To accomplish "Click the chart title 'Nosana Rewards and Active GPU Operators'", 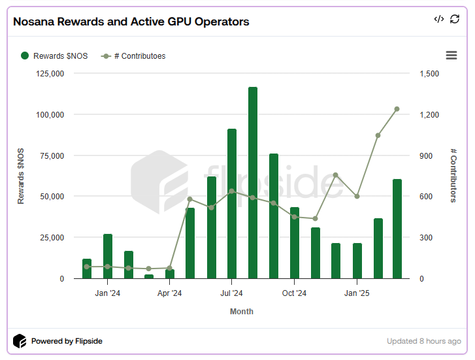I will pyautogui.click(x=131, y=22).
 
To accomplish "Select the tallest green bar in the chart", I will pyautogui.click(x=252, y=183).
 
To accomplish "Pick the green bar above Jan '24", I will pyautogui.click(x=108, y=256).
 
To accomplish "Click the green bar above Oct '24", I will pyautogui.click(x=294, y=243).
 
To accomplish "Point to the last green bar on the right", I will pyautogui.click(x=397, y=229).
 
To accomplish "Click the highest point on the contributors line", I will pyautogui.click(x=397, y=109).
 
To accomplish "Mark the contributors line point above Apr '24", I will pyautogui.click(x=170, y=268).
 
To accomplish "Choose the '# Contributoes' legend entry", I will pyautogui.click(x=133, y=56).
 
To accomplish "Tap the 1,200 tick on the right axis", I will pyautogui.click(x=431, y=114).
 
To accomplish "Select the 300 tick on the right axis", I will pyautogui.click(x=426, y=238).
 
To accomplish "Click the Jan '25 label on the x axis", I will pyautogui.click(x=356, y=293).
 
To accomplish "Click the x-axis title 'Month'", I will pyautogui.click(x=241, y=312).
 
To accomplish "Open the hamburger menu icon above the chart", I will pyautogui.click(x=451, y=56).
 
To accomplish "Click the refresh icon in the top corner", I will pyautogui.click(x=455, y=20).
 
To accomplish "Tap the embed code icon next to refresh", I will pyautogui.click(x=438, y=20).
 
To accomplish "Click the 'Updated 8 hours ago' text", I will pyautogui.click(x=423, y=341).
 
